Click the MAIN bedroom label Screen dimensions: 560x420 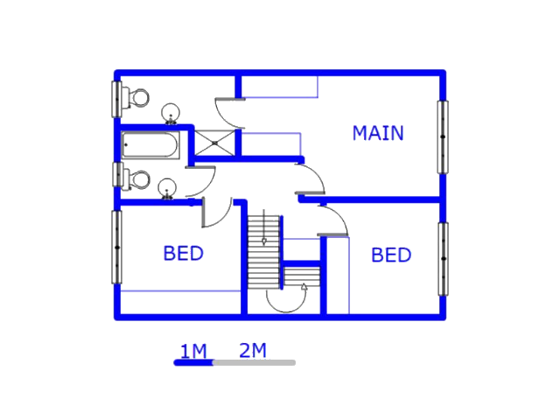(378, 133)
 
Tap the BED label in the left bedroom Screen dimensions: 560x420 (183, 253)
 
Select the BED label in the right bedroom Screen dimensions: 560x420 (391, 255)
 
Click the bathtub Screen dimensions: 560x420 (150, 145)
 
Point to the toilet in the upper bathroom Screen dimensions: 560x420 (135, 97)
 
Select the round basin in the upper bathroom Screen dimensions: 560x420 (171, 114)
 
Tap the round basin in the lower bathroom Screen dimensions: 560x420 (167, 188)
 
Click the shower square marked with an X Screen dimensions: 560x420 (214, 143)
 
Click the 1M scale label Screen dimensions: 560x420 (193, 351)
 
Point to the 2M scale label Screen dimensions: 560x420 (253, 350)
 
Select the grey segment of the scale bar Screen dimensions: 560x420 (255, 363)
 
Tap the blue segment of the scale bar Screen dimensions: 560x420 (193, 363)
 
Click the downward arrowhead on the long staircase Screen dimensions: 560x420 (264, 241)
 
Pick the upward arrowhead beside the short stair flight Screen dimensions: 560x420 (304, 286)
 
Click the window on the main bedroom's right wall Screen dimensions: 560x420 (443, 137)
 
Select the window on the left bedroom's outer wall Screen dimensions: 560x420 (117, 247)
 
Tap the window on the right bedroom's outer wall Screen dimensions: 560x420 (444, 259)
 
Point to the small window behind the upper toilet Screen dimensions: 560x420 (116, 99)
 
